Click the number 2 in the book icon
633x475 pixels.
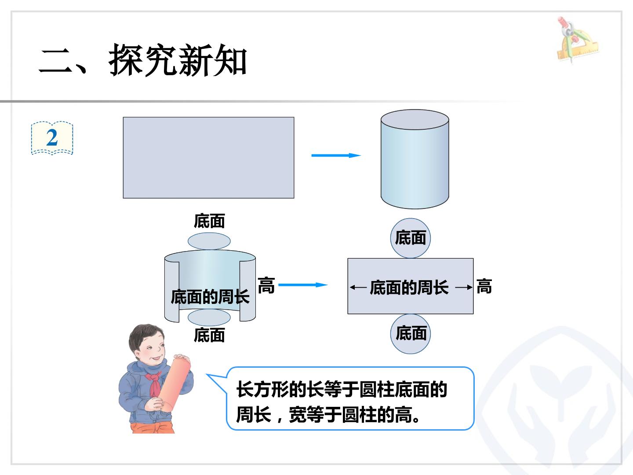52,138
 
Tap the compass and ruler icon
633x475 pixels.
577,40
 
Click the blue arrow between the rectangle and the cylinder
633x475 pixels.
336,155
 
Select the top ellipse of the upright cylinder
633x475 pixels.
415,119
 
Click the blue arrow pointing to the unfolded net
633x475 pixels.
303,285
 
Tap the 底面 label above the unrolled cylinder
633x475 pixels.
209,221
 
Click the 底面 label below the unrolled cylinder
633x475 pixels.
209,335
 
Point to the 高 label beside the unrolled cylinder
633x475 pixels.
266,285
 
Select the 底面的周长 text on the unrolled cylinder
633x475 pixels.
210,297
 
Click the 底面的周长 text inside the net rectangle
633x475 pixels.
409,288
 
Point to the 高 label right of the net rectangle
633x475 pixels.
484,286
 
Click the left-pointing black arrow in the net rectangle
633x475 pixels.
358,287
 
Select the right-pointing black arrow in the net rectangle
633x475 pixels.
464,287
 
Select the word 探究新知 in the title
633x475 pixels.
178,61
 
